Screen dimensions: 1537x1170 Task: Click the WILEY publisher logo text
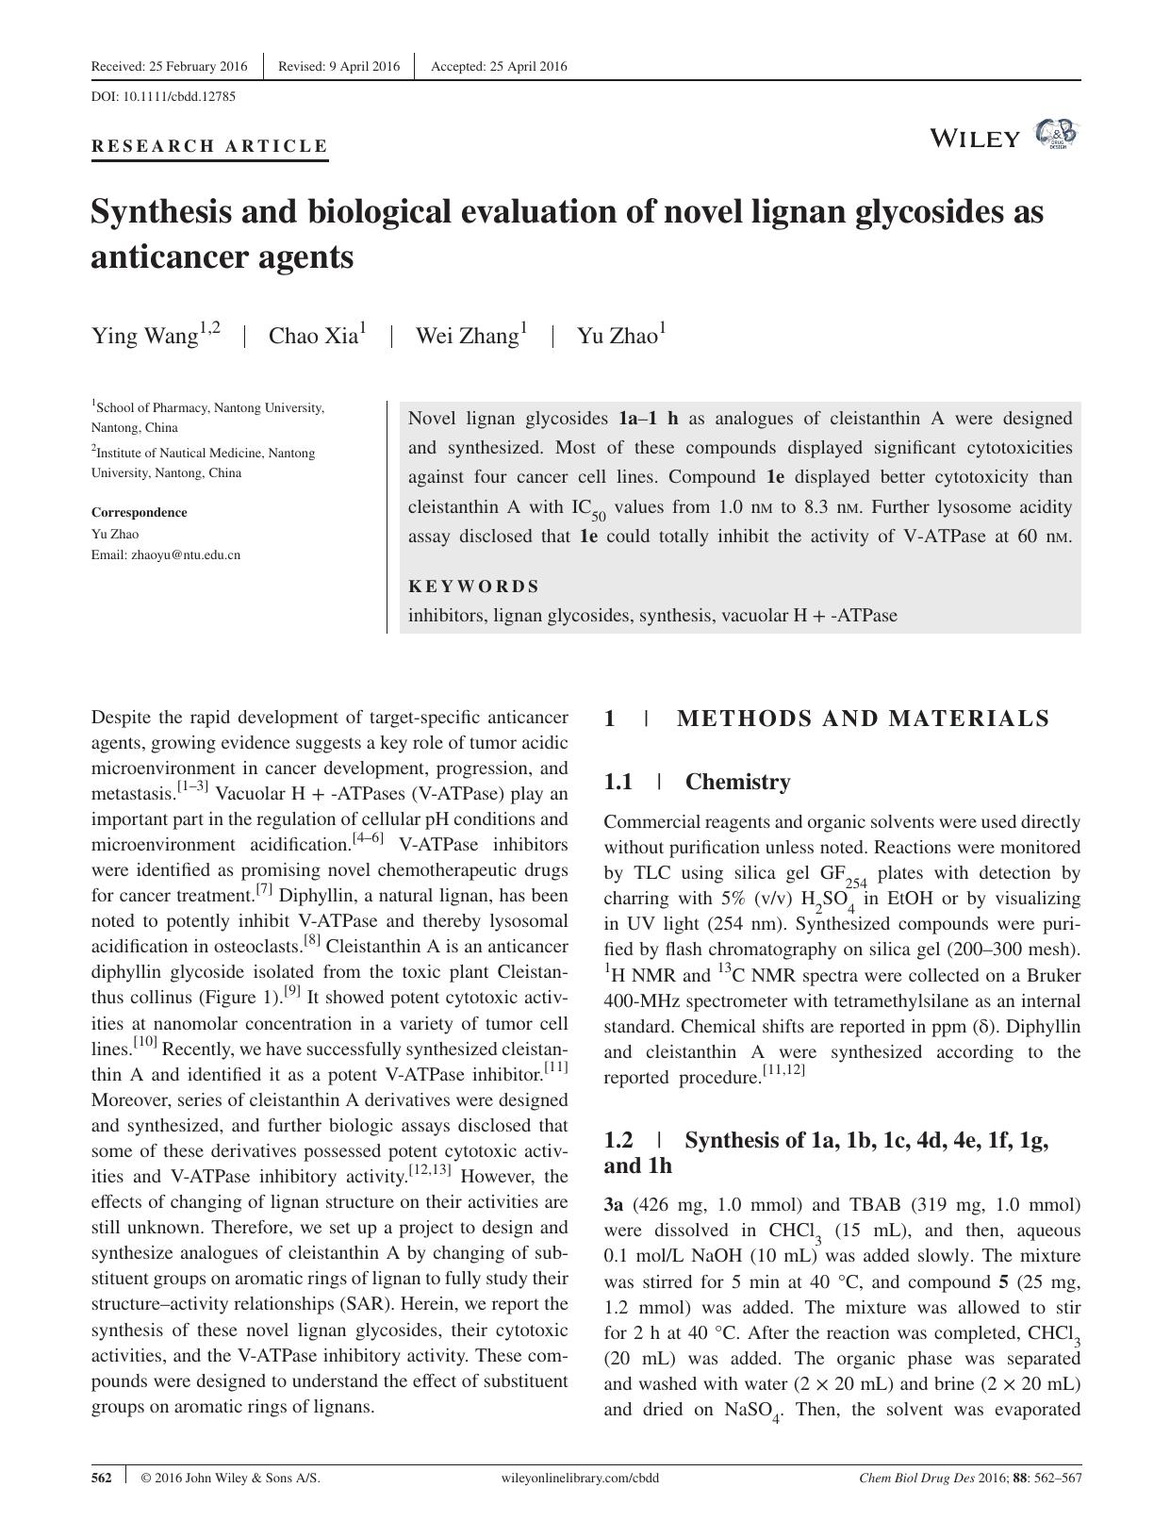click(x=974, y=139)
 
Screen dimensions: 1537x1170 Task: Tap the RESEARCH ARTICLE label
click(x=209, y=146)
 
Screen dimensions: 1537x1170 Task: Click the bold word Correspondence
click(x=139, y=512)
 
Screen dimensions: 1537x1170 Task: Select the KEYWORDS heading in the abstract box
click(x=473, y=587)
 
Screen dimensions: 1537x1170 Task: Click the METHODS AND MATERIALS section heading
click(x=862, y=719)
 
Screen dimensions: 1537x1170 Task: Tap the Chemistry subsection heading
click(x=737, y=782)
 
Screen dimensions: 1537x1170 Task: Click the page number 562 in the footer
click(x=102, y=1478)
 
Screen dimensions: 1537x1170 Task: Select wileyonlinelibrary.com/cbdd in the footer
click(x=582, y=1478)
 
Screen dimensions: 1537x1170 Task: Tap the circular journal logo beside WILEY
click(x=1056, y=135)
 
